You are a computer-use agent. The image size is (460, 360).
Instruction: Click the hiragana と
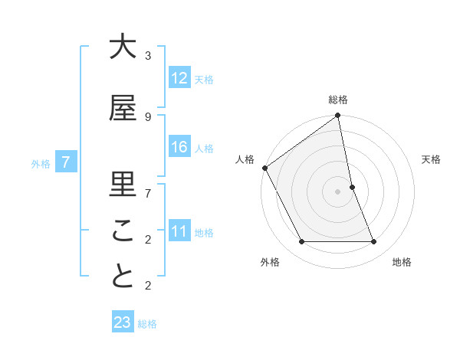[123, 277]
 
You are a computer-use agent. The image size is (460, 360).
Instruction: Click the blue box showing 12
[179, 77]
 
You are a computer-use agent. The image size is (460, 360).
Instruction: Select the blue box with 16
[179, 147]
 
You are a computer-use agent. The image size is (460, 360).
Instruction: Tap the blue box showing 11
[179, 231]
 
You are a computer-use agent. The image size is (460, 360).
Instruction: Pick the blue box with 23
[123, 322]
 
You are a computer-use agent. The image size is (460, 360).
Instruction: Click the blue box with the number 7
[67, 162]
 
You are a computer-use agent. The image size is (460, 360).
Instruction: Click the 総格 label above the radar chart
[338, 100]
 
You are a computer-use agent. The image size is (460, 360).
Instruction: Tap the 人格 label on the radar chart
[245, 159]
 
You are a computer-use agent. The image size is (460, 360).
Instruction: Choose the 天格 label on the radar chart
[431, 159]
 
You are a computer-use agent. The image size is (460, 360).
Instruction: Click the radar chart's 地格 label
[402, 262]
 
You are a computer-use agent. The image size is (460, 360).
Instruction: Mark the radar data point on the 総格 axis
[338, 116]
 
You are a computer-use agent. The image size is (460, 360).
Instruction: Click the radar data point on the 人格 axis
[265, 168]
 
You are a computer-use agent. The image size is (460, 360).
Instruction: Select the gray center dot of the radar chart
[338, 191]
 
